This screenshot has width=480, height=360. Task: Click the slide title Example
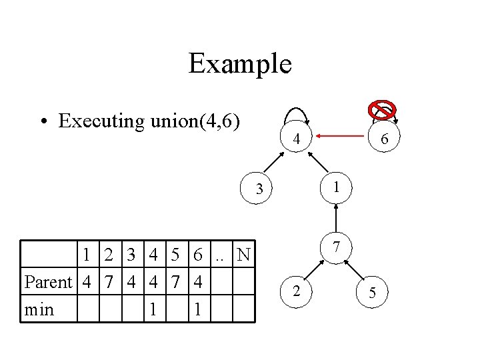(x=240, y=64)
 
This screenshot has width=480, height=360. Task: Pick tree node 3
(x=260, y=190)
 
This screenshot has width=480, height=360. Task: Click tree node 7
(x=337, y=247)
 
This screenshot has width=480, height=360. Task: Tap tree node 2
(x=297, y=291)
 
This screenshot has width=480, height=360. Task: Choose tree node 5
(x=372, y=292)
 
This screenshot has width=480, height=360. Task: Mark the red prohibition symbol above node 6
(x=383, y=110)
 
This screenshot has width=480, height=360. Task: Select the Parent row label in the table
(x=48, y=283)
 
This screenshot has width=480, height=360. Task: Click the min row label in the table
(x=39, y=310)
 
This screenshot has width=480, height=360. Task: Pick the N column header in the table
(x=244, y=255)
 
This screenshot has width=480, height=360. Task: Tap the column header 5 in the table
(x=176, y=255)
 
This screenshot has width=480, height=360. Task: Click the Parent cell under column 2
(x=109, y=283)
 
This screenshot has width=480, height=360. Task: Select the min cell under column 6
(x=198, y=310)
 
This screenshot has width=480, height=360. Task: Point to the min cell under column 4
(x=153, y=310)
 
